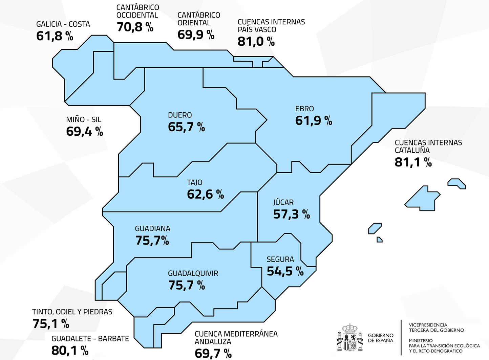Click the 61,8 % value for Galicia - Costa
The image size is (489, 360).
(x=55, y=36)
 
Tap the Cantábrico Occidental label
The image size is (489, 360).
(x=137, y=11)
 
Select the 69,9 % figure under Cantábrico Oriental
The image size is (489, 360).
(x=196, y=35)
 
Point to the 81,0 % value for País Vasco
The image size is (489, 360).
(x=256, y=41)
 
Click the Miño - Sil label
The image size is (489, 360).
(x=84, y=119)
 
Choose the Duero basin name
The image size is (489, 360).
(x=180, y=115)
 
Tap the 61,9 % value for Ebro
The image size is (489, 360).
(x=314, y=120)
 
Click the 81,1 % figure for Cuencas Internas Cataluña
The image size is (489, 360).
(x=413, y=162)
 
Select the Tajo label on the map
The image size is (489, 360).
(x=195, y=182)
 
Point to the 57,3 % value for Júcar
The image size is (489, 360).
(x=292, y=215)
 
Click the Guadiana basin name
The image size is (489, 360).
(x=153, y=228)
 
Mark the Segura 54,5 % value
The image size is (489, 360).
(x=285, y=271)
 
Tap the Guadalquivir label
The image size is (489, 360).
(x=193, y=273)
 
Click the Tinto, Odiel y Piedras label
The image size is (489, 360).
(x=72, y=312)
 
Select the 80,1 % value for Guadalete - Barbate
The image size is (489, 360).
(x=70, y=351)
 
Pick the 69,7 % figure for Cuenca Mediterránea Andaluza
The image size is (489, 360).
(x=213, y=354)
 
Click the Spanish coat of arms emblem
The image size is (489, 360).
(x=350, y=337)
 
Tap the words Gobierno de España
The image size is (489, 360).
(x=381, y=338)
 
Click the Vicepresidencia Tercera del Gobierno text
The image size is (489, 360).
(x=437, y=328)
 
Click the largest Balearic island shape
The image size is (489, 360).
(x=422, y=199)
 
